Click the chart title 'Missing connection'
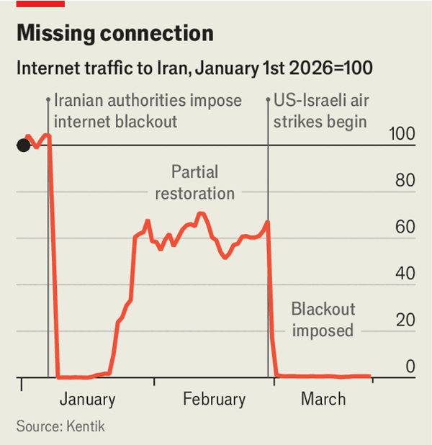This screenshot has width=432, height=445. pyautogui.click(x=114, y=34)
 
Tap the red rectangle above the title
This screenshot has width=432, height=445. pyautogui.click(x=40, y=4)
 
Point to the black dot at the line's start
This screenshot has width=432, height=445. pyautogui.click(x=23, y=145)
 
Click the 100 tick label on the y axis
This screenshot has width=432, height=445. pyautogui.click(x=402, y=133)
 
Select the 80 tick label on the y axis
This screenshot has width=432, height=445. pyautogui.click(x=405, y=180)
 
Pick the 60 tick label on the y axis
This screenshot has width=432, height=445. pyautogui.click(x=405, y=227)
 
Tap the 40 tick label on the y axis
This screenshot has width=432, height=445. pyautogui.click(x=405, y=274)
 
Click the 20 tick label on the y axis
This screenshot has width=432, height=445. pyautogui.click(x=405, y=320)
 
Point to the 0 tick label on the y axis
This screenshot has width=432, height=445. pyautogui.click(x=410, y=367)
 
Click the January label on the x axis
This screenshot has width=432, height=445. pyautogui.click(x=87, y=400)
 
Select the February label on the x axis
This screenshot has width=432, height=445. pyautogui.click(x=214, y=400)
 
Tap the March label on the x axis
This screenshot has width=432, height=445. pyautogui.click(x=323, y=400)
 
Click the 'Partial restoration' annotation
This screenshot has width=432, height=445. pyautogui.click(x=194, y=183)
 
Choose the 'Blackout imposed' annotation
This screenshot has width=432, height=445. pyautogui.click(x=323, y=320)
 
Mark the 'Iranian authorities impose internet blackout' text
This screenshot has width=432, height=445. pyautogui.click(x=148, y=111)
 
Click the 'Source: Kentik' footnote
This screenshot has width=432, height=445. pyautogui.click(x=60, y=426)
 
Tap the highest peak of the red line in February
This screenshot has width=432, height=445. pyautogui.click(x=201, y=213)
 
